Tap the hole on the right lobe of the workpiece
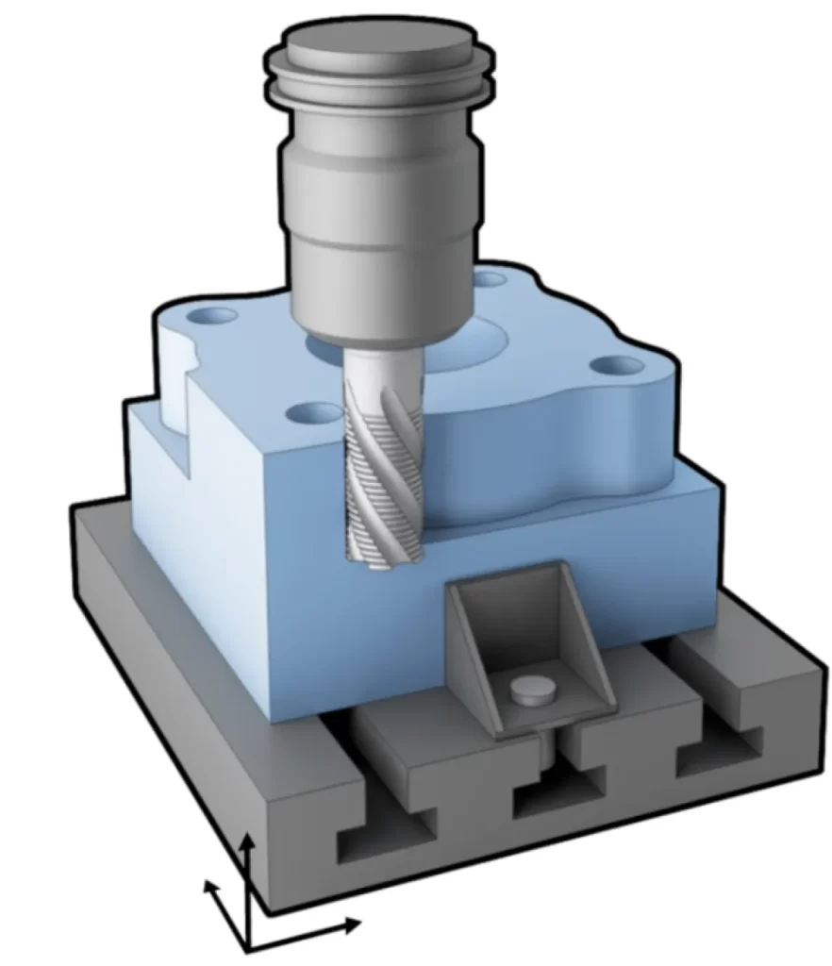(x=619, y=365)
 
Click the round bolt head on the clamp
(x=530, y=691)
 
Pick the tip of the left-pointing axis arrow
(x=207, y=883)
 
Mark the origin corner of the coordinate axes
(x=247, y=946)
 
